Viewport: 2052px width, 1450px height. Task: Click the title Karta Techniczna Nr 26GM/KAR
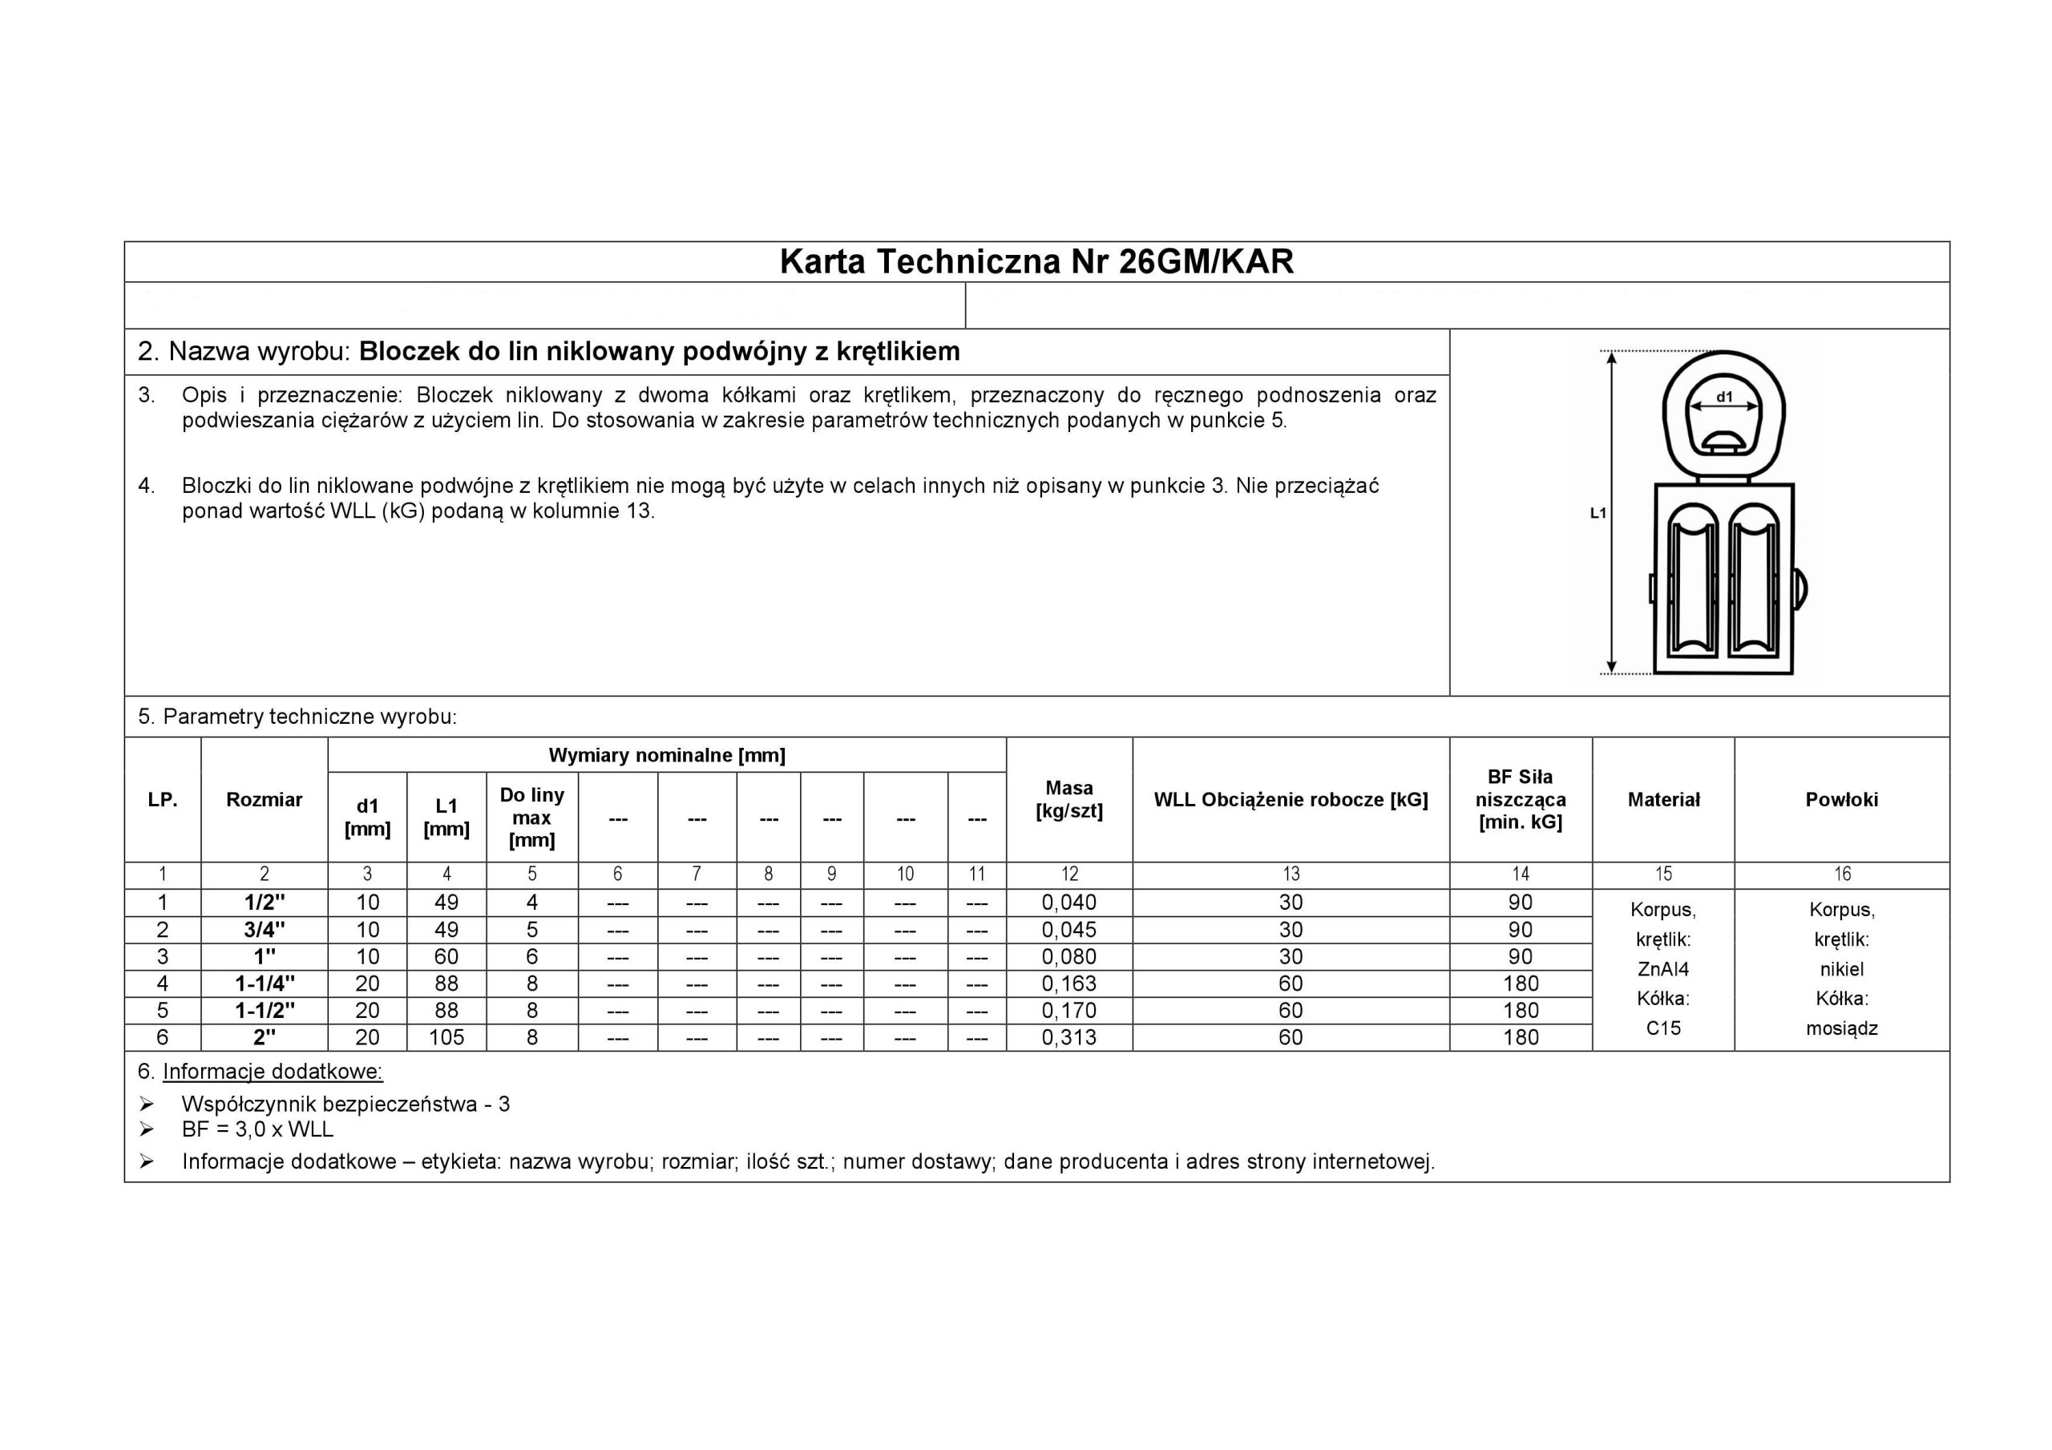point(1036,261)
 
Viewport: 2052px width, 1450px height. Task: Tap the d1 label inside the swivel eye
point(1724,397)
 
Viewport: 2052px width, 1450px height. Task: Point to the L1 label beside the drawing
point(1598,513)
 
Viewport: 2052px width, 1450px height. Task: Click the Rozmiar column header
point(264,799)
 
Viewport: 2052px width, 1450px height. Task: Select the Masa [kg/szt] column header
point(1069,799)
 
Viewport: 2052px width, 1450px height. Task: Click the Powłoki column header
point(1841,799)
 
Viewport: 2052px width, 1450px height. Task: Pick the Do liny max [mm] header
point(531,817)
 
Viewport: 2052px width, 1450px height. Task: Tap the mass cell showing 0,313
point(1069,1037)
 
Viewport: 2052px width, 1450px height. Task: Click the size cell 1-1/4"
point(265,983)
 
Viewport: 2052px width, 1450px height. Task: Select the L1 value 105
point(446,1037)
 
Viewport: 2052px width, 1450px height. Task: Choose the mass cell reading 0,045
point(1069,930)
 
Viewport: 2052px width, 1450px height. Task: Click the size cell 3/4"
point(265,930)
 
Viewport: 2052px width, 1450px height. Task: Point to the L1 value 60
point(446,956)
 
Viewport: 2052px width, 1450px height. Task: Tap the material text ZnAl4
point(1662,969)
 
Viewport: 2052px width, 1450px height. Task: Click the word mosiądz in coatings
point(1841,1028)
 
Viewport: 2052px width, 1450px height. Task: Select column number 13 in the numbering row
point(1291,874)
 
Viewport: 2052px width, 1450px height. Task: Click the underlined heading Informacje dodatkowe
point(273,1071)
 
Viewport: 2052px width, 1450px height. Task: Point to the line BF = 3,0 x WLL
point(257,1129)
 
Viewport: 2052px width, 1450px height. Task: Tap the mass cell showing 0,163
point(1069,983)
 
